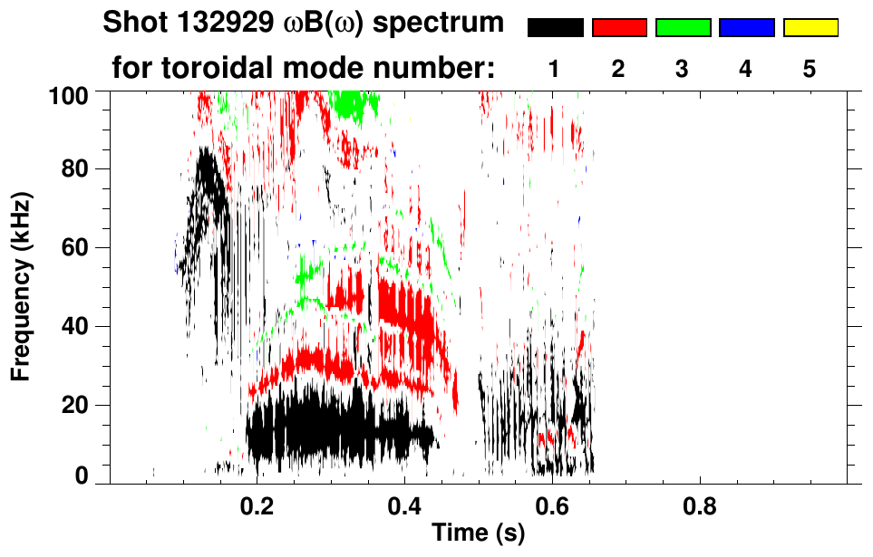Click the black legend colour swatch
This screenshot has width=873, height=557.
pos(556,28)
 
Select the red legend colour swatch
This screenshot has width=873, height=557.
pos(619,28)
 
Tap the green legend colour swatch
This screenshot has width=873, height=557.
pos(683,28)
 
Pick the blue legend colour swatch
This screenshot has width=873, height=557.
pos(746,28)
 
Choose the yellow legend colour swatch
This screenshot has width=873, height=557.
pos(810,28)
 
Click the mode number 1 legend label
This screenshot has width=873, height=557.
pos(555,70)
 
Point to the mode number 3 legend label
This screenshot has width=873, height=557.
pos(683,70)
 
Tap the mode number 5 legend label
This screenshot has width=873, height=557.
pos(810,70)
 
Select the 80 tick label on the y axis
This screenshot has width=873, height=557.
pos(84,169)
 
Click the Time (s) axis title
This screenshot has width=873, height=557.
pos(478,534)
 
